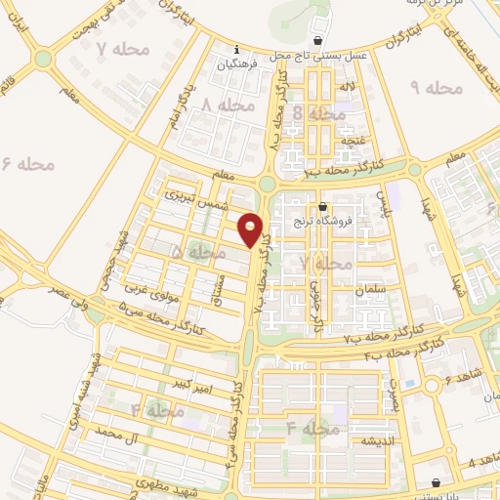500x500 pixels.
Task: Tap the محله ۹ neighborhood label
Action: pyautogui.click(x=434, y=88)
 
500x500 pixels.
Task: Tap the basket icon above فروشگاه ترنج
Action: pyautogui.click(x=324, y=207)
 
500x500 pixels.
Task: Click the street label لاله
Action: pyautogui.click(x=347, y=89)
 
